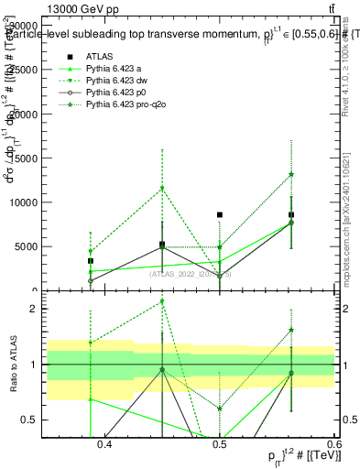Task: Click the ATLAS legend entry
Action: click(100, 56)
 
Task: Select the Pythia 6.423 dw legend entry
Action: click(115, 81)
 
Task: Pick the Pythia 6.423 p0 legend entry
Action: click(115, 93)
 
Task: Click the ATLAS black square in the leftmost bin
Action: click(90, 261)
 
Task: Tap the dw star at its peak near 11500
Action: click(162, 189)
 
